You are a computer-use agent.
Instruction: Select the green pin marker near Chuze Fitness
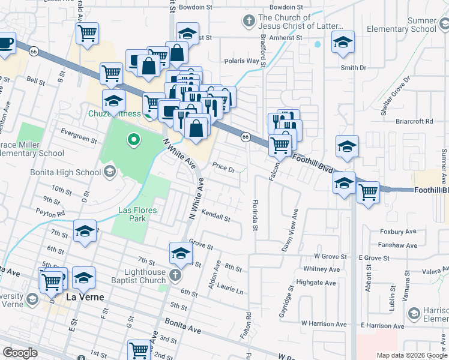(x=133, y=140)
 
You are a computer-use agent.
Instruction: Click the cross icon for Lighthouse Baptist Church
(x=175, y=275)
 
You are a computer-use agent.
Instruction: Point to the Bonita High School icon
(x=109, y=172)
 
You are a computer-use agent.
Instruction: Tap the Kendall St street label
(x=216, y=217)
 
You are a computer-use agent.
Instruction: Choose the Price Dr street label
(x=223, y=169)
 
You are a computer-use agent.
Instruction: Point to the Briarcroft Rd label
(x=414, y=121)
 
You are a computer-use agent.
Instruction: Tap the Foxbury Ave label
(x=397, y=231)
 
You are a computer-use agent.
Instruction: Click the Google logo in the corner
(x=20, y=353)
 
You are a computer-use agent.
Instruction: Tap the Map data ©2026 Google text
(x=411, y=355)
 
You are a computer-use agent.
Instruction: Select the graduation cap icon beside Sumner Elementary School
(x=343, y=44)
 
